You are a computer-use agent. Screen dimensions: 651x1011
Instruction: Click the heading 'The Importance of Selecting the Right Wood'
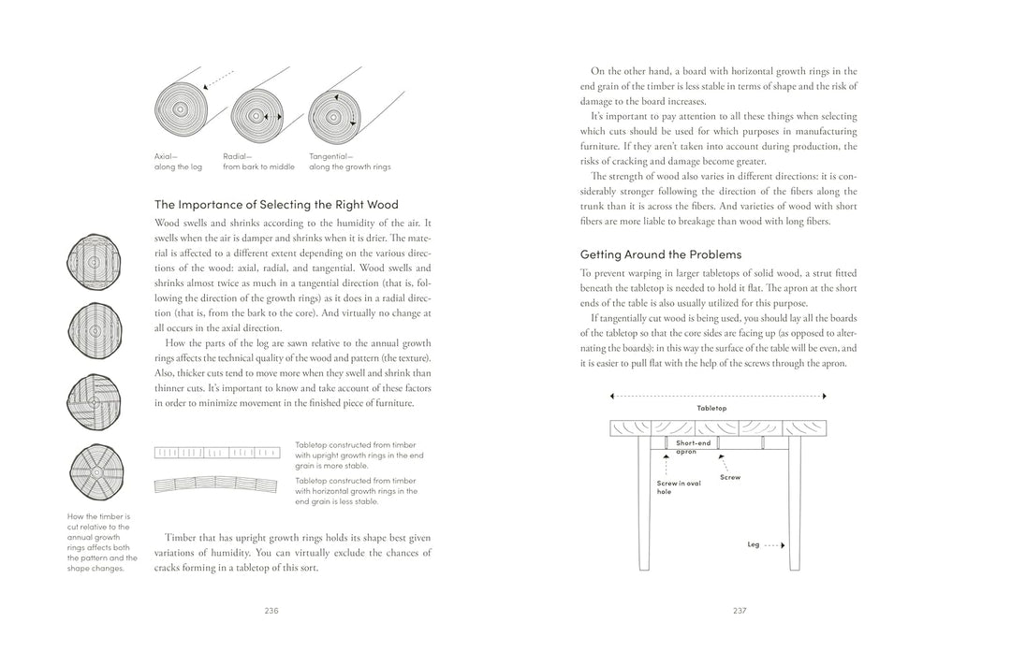point(276,204)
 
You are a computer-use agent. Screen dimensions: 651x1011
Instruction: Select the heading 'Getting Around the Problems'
point(660,253)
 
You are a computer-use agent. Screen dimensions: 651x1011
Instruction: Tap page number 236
point(271,611)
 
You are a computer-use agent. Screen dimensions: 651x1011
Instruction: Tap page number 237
point(740,611)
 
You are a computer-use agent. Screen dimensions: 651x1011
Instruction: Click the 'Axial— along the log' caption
point(178,162)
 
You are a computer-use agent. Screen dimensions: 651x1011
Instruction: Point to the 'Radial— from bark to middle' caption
point(258,162)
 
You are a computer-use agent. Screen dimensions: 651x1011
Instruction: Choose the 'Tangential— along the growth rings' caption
point(349,162)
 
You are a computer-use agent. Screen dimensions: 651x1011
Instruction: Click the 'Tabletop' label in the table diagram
point(711,409)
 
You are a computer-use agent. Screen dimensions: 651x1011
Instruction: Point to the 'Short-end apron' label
point(693,447)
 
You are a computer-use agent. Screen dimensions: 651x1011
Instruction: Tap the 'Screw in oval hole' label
point(679,487)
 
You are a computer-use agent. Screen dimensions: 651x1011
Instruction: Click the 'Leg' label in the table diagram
point(754,544)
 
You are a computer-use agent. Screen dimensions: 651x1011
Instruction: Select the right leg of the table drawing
point(794,505)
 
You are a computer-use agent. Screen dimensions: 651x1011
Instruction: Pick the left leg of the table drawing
point(644,505)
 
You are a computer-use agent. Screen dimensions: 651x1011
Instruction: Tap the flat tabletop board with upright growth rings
point(216,453)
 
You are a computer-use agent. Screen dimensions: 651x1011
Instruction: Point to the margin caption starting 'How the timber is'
point(101,541)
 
